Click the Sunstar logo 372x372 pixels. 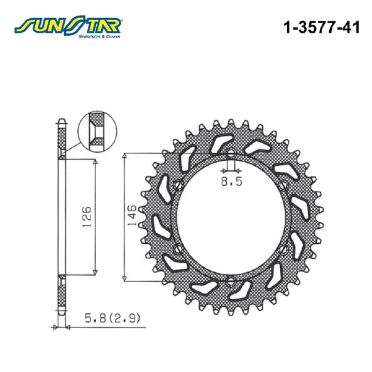(x=68, y=27)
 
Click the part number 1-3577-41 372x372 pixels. (x=322, y=27)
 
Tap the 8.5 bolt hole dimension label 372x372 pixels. (x=231, y=182)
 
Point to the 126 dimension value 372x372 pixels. (x=87, y=216)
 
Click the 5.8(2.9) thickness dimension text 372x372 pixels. (x=112, y=318)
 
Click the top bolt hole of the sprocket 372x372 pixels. (x=231, y=153)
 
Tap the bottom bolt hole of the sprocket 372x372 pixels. (x=231, y=282)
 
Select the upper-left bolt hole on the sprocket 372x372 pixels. (x=178, y=185)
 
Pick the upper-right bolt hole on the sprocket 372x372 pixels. (x=283, y=185)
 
